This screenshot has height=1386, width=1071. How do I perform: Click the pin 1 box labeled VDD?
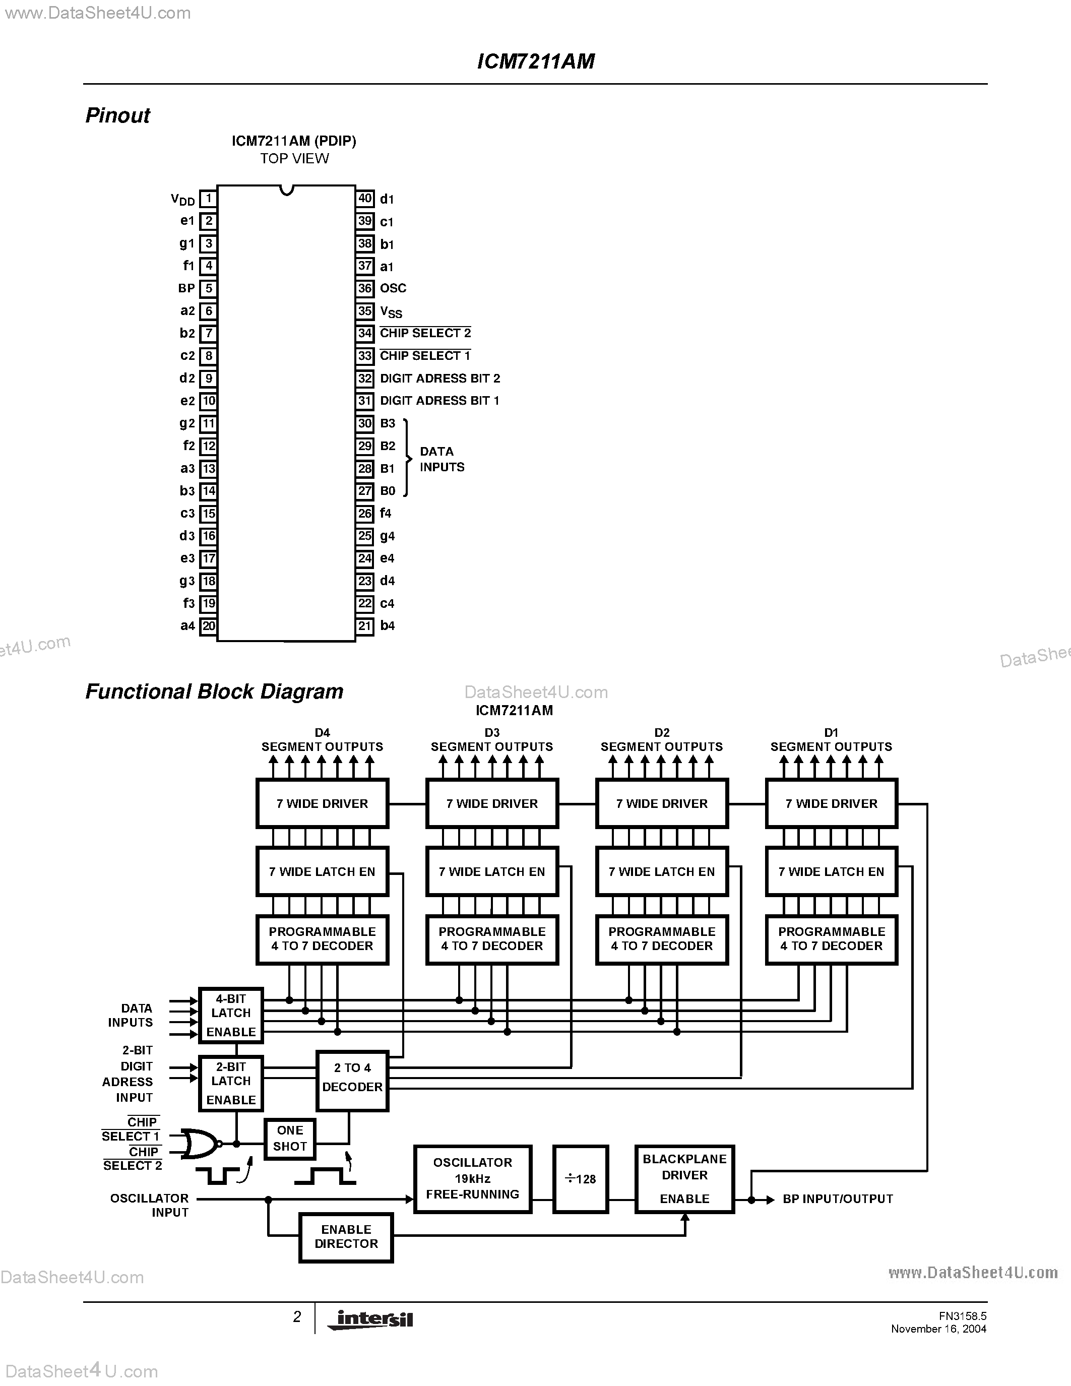click(x=208, y=199)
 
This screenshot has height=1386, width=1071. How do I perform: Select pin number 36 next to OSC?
click(x=365, y=288)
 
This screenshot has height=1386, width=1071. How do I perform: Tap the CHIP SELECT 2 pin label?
click(x=425, y=333)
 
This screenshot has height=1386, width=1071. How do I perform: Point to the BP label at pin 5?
click(x=186, y=289)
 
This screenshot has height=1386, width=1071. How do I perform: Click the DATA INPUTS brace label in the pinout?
click(x=442, y=459)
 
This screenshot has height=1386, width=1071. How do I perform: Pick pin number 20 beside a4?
click(x=208, y=626)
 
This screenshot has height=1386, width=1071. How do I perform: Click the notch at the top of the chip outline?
click(x=287, y=190)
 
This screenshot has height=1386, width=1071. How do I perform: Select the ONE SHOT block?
click(x=290, y=1139)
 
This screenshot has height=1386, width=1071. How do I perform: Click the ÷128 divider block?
click(x=581, y=1179)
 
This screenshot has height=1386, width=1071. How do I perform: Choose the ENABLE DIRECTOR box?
click(x=346, y=1237)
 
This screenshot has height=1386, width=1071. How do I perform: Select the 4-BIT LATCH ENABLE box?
click(x=231, y=1016)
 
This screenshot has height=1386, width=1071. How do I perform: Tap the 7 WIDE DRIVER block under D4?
click(x=323, y=803)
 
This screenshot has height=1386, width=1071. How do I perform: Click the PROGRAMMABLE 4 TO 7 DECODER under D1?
click(x=831, y=939)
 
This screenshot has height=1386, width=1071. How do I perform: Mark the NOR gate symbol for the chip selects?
click(x=199, y=1144)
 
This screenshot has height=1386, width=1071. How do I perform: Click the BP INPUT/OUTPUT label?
click(x=838, y=1199)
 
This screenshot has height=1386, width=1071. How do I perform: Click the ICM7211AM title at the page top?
click(x=535, y=61)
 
